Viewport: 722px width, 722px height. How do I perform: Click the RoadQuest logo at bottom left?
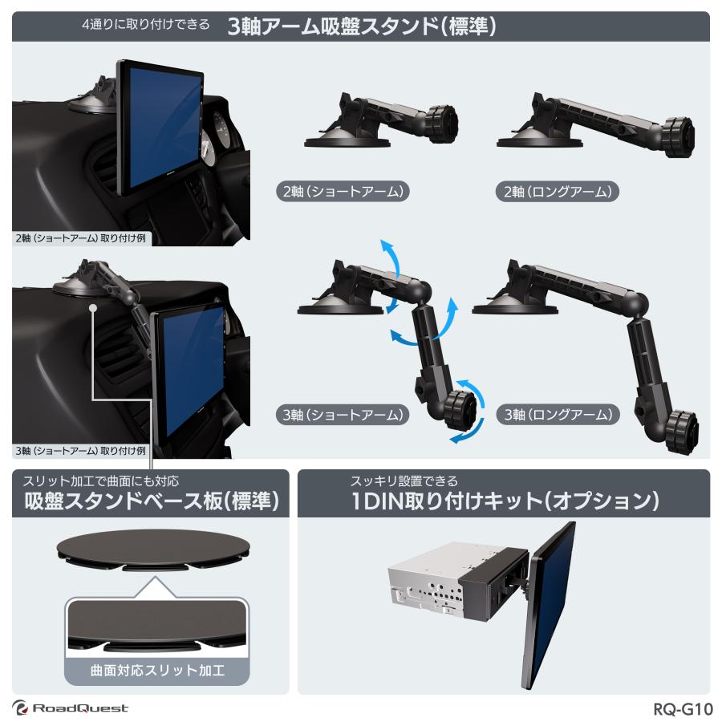click(x=71, y=708)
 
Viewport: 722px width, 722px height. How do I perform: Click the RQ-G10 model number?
click(x=683, y=709)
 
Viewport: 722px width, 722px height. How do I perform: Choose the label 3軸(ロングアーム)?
click(x=558, y=415)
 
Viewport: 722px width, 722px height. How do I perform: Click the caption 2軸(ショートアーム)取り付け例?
click(x=80, y=238)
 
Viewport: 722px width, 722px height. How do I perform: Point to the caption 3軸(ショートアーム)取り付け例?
click(x=80, y=450)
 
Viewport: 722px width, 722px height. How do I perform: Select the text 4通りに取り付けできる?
click(x=147, y=25)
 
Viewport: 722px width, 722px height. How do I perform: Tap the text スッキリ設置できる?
click(x=404, y=481)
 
